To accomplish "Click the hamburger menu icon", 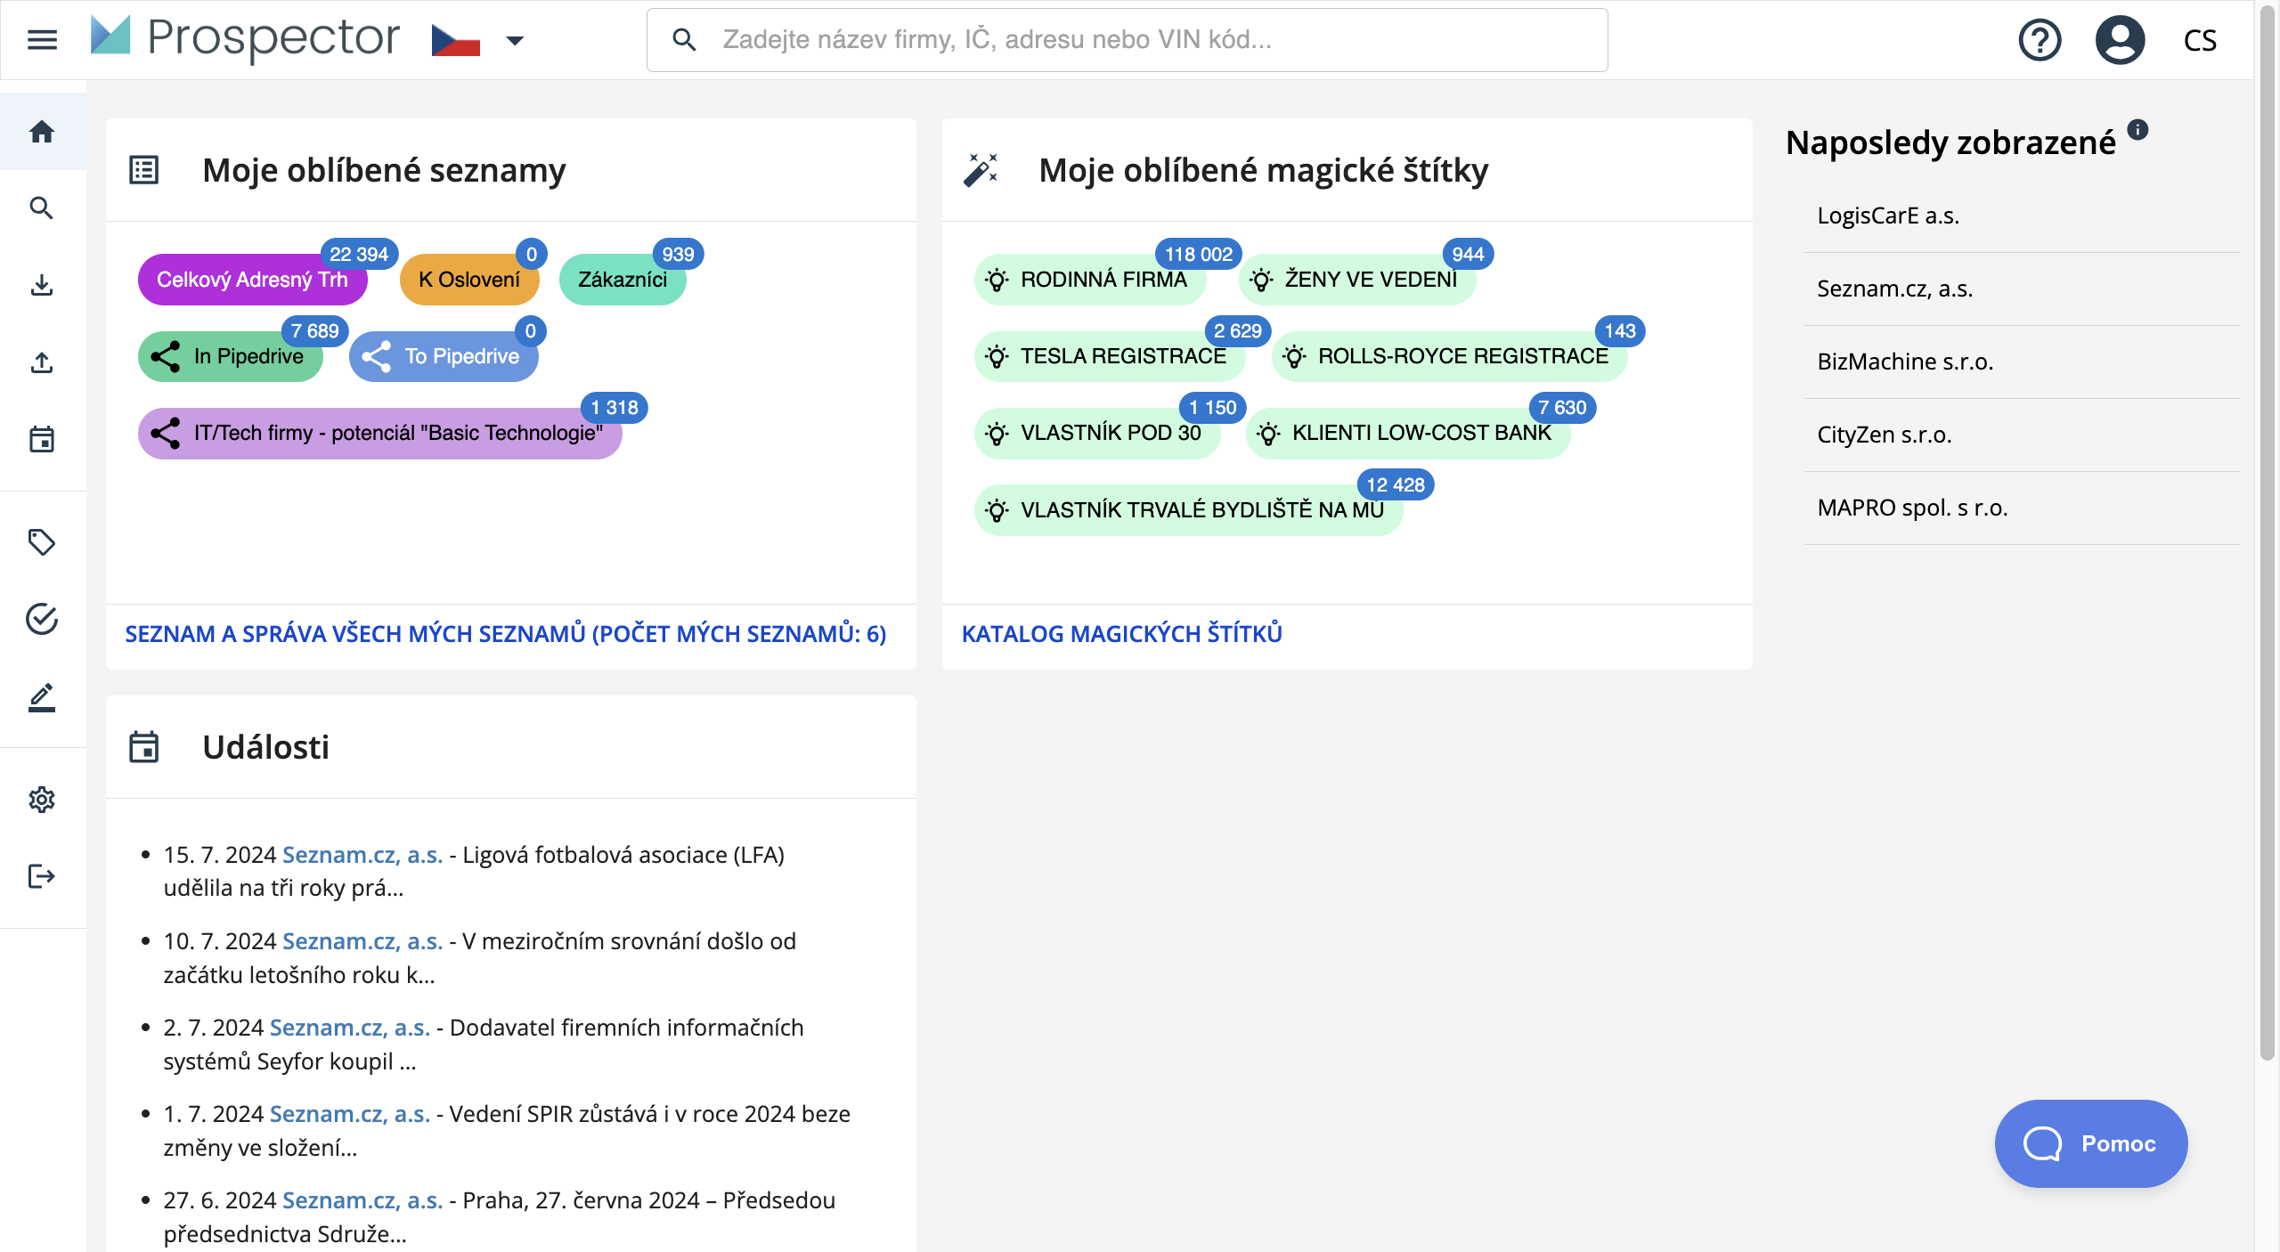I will coord(42,40).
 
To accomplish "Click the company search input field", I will coord(1128,40).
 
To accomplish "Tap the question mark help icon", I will coord(2040,40).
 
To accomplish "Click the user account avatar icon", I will coord(2120,40).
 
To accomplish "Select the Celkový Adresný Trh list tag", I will coord(252,280).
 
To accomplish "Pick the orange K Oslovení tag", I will coord(468,280).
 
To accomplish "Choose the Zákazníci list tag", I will coord(622,280).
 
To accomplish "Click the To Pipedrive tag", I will coord(444,357).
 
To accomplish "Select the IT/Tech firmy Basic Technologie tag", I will coord(380,434).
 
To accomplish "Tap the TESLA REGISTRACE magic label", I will coord(1109,357).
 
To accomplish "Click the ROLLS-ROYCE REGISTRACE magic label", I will coord(1449,357).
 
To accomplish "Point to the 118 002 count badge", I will coord(1198,255).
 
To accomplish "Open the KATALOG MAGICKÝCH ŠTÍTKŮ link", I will coord(1121,634).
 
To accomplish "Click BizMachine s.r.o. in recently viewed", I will coord(1905,362).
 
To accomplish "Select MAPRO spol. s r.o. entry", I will coord(1912,508).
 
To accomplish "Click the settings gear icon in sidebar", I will coord(42,800).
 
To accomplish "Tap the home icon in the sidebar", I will coord(42,133).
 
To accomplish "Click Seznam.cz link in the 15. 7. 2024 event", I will coord(362,855).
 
